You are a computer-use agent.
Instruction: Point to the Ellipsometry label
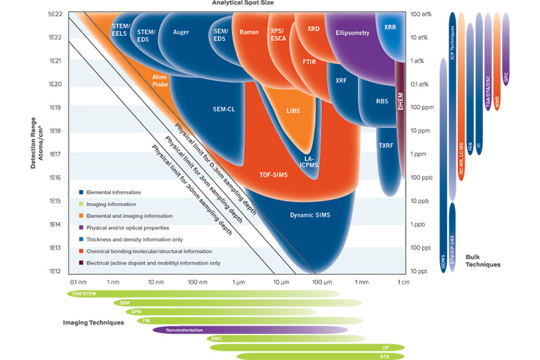coord(352,33)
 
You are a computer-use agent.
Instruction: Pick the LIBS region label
coord(293,110)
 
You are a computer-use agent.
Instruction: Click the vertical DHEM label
coord(400,102)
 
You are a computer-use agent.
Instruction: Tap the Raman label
coord(249,32)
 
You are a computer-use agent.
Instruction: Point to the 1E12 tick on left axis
coord(55,271)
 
